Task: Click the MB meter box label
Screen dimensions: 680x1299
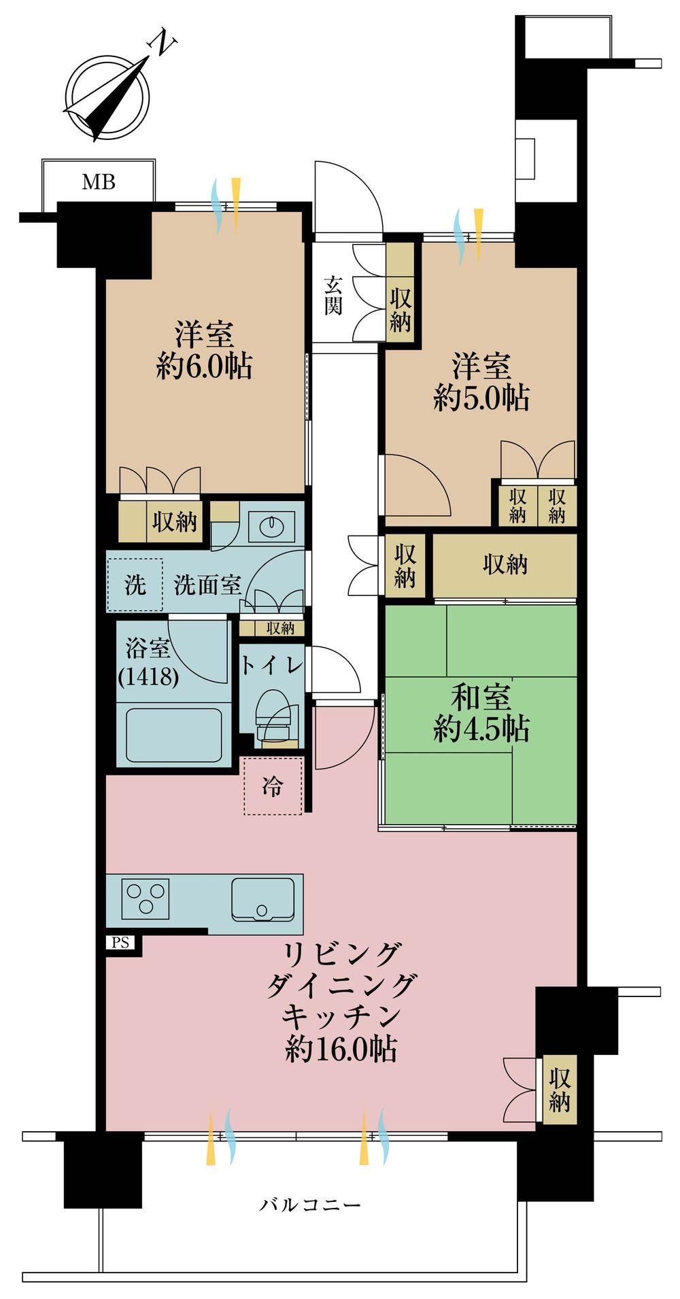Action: [x=99, y=182]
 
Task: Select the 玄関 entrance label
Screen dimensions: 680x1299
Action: [x=333, y=294]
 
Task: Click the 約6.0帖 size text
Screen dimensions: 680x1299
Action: [x=204, y=366]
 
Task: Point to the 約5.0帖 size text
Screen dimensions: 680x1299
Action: [x=481, y=398]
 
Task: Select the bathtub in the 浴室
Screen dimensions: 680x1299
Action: [x=173, y=735]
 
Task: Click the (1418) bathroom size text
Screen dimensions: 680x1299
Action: [x=148, y=677]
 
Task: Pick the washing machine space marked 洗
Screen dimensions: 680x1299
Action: [x=135, y=585]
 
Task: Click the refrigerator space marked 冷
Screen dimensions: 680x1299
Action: [x=272, y=786]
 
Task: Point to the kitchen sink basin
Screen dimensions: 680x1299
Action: [x=262, y=899]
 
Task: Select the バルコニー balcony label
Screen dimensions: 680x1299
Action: [x=310, y=1206]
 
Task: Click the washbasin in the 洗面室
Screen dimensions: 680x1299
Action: [x=271, y=525]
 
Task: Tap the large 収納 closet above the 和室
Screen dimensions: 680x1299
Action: [x=505, y=565]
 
